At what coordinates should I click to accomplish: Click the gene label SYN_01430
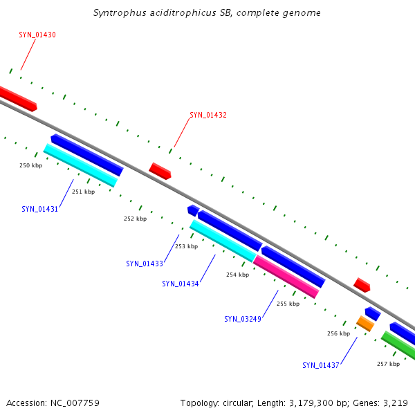coord(37,35)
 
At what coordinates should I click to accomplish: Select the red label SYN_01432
coord(208,115)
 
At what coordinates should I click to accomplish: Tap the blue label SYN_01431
coord(39,209)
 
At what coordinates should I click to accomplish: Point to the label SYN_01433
coord(145,264)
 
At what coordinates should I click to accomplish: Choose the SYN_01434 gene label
coord(181,284)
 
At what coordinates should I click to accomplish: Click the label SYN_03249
coord(242,319)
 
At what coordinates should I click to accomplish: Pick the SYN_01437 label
coord(320,365)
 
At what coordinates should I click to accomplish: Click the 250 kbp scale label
coord(30,165)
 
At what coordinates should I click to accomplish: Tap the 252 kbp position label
coord(135,219)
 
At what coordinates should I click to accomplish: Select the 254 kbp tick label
coord(237,275)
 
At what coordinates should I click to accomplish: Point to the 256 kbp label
coord(338,333)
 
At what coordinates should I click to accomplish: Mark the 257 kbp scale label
coord(388,364)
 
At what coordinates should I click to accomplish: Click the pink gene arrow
coord(286,277)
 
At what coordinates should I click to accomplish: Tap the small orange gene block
coord(365,323)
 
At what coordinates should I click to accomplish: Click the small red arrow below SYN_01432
coord(160,171)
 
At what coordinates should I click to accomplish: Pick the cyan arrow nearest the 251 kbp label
coord(80,165)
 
